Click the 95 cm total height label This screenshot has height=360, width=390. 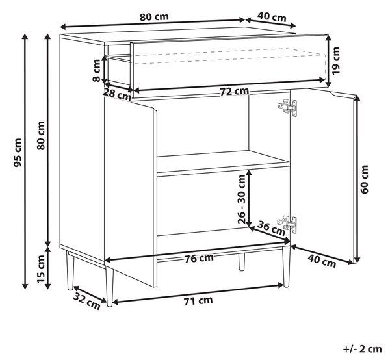coord(18,153)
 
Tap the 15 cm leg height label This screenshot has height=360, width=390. coord(41,269)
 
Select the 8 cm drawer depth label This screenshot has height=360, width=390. coord(96,70)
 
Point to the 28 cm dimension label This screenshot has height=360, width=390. coord(117,94)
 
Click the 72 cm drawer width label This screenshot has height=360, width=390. coord(234,91)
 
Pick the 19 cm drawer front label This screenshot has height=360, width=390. coord(336,60)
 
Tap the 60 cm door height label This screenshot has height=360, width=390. coord(364,179)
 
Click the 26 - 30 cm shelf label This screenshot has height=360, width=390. coord(242,199)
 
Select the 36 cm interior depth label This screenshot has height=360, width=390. coord(271,227)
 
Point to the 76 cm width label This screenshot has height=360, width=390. coord(199,258)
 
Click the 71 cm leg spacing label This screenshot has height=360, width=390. coord(198,301)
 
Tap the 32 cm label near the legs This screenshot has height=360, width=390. coord(87,301)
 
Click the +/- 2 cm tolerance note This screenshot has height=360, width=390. coord(363,349)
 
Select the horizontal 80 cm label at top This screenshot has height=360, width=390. coord(154,17)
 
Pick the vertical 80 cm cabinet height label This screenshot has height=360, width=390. coord(41,136)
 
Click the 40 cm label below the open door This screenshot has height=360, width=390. coord(322,261)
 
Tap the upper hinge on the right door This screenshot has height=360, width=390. coord(287,107)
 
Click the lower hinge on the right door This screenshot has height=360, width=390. coord(287,224)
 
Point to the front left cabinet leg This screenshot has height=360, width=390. coord(109,287)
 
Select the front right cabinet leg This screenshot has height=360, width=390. coord(286,267)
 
